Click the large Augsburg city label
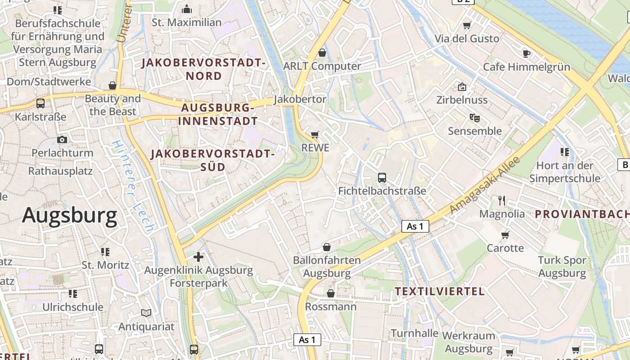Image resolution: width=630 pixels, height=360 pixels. coord(70,216)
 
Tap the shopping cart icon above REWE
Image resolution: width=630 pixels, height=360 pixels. coord(315,135)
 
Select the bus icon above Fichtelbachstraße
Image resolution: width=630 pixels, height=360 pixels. coord(382,178)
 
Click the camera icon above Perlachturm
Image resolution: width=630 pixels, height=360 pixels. coord(62,139)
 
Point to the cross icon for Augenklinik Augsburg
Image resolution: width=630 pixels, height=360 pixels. coord(198,257)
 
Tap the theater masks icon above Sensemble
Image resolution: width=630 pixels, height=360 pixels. coord(474,118)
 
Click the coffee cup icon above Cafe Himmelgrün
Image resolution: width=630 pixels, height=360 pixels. coord(526,54)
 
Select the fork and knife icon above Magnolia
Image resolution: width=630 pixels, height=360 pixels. coord(502,200)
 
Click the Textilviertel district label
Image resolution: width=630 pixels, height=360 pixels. coord(440,291)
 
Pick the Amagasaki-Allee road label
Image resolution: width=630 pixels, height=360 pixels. coord(485,185)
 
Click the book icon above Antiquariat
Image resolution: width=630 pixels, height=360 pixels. coord(146,313)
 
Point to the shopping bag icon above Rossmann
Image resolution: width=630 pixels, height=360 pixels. coord(331,293)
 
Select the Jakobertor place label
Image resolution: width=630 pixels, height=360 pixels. coord(300,99)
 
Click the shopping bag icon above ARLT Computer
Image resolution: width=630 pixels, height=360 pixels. coord(322,53)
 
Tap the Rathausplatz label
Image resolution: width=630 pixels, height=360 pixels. coord(60,171)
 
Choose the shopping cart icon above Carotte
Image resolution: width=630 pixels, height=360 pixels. coord(505,234)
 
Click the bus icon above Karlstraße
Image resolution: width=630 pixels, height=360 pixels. coord(40,103)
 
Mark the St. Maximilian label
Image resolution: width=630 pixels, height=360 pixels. coord(186,22)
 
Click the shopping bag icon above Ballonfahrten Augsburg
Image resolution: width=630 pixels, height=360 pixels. coord(327,247)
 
